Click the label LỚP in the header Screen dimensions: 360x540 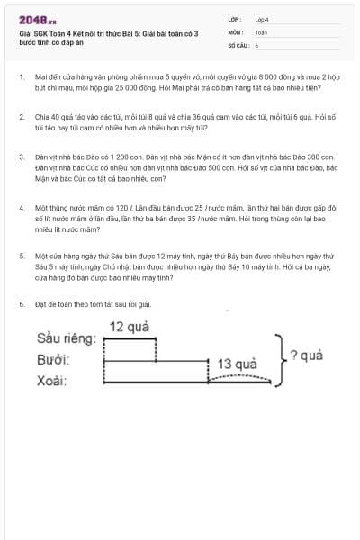233,19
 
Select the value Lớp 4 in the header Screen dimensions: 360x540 262,19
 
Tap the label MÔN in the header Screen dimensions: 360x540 234,31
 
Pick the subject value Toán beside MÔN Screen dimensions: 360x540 261,31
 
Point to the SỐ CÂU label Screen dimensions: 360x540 237,44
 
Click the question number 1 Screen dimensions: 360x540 22,78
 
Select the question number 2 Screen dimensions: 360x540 22,117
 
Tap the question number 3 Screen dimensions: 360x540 22,157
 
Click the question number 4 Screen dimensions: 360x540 22,208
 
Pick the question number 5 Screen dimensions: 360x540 22,256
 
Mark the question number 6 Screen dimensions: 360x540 22,304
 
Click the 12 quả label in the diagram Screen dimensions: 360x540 129,326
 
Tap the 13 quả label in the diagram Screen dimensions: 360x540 238,364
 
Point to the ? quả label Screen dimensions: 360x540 308,355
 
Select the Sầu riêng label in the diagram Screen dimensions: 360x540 66,339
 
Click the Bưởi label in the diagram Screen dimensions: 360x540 54,360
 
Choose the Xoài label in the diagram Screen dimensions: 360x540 53,380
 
